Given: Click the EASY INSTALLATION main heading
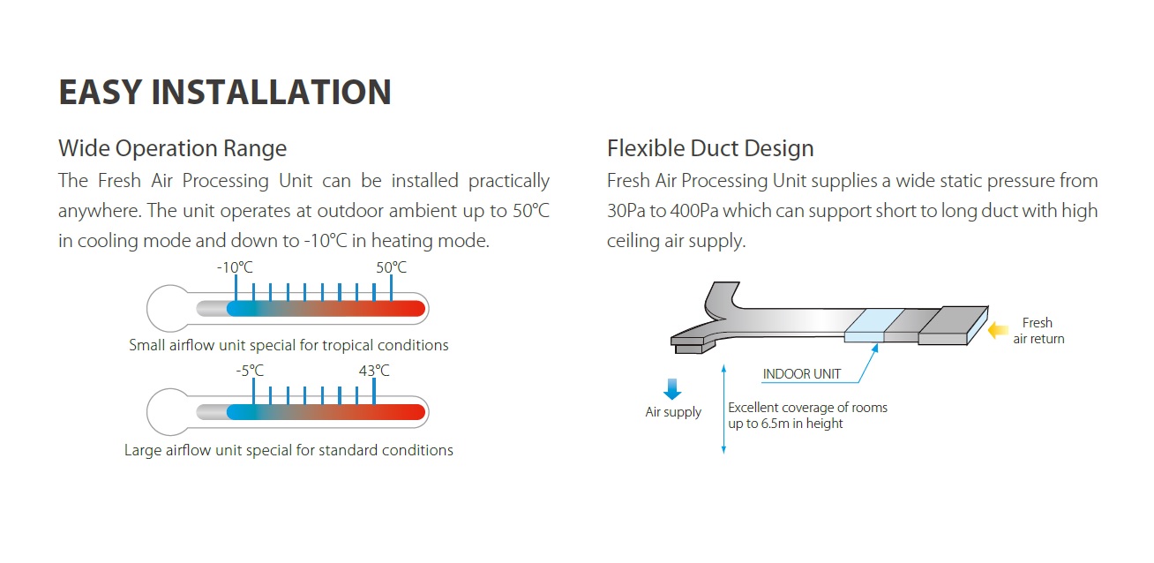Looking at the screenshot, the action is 225,92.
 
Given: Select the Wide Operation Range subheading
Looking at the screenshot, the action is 172,148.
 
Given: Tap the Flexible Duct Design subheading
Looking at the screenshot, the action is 710,148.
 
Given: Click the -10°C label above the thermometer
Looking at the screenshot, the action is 235,267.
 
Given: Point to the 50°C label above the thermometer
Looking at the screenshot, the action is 391,267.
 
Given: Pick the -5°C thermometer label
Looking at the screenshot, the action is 250,371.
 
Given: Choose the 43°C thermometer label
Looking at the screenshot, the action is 374,371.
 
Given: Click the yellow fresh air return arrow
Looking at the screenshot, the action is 997,330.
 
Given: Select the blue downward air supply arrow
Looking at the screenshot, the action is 672,389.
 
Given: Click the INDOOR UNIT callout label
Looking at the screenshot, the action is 802,374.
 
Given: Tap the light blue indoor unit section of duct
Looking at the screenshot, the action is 873,325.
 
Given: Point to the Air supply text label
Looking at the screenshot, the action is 673,412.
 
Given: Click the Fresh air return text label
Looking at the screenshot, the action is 1038,331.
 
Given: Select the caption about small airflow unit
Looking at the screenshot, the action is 288,345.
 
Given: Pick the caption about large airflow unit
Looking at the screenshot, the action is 288,450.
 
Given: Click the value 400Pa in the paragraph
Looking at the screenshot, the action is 694,211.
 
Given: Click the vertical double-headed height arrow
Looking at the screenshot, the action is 723,409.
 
